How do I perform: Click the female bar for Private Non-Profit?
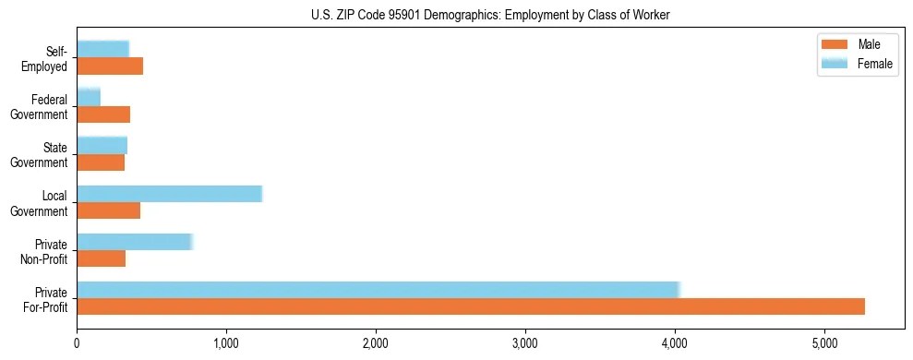point(134,242)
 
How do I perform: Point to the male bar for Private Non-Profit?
point(101,258)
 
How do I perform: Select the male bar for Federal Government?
point(103,114)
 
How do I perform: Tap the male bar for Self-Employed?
point(110,66)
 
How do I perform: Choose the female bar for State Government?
point(102,146)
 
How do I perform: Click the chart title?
point(490,15)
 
